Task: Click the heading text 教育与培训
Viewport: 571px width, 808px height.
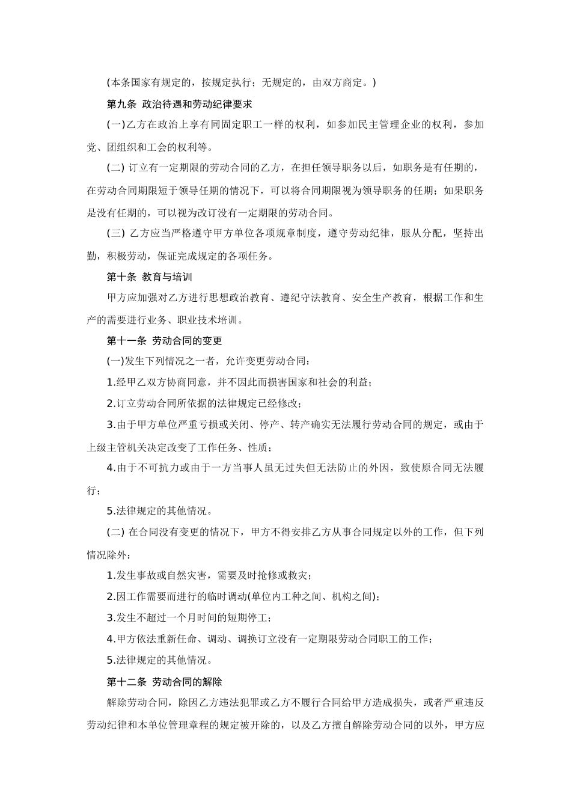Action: point(166,277)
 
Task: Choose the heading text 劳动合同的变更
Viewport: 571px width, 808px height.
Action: point(187,341)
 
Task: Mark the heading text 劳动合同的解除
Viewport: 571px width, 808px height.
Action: point(187,682)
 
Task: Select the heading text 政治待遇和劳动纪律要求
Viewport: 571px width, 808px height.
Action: point(197,104)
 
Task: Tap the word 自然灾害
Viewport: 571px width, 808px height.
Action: point(192,575)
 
